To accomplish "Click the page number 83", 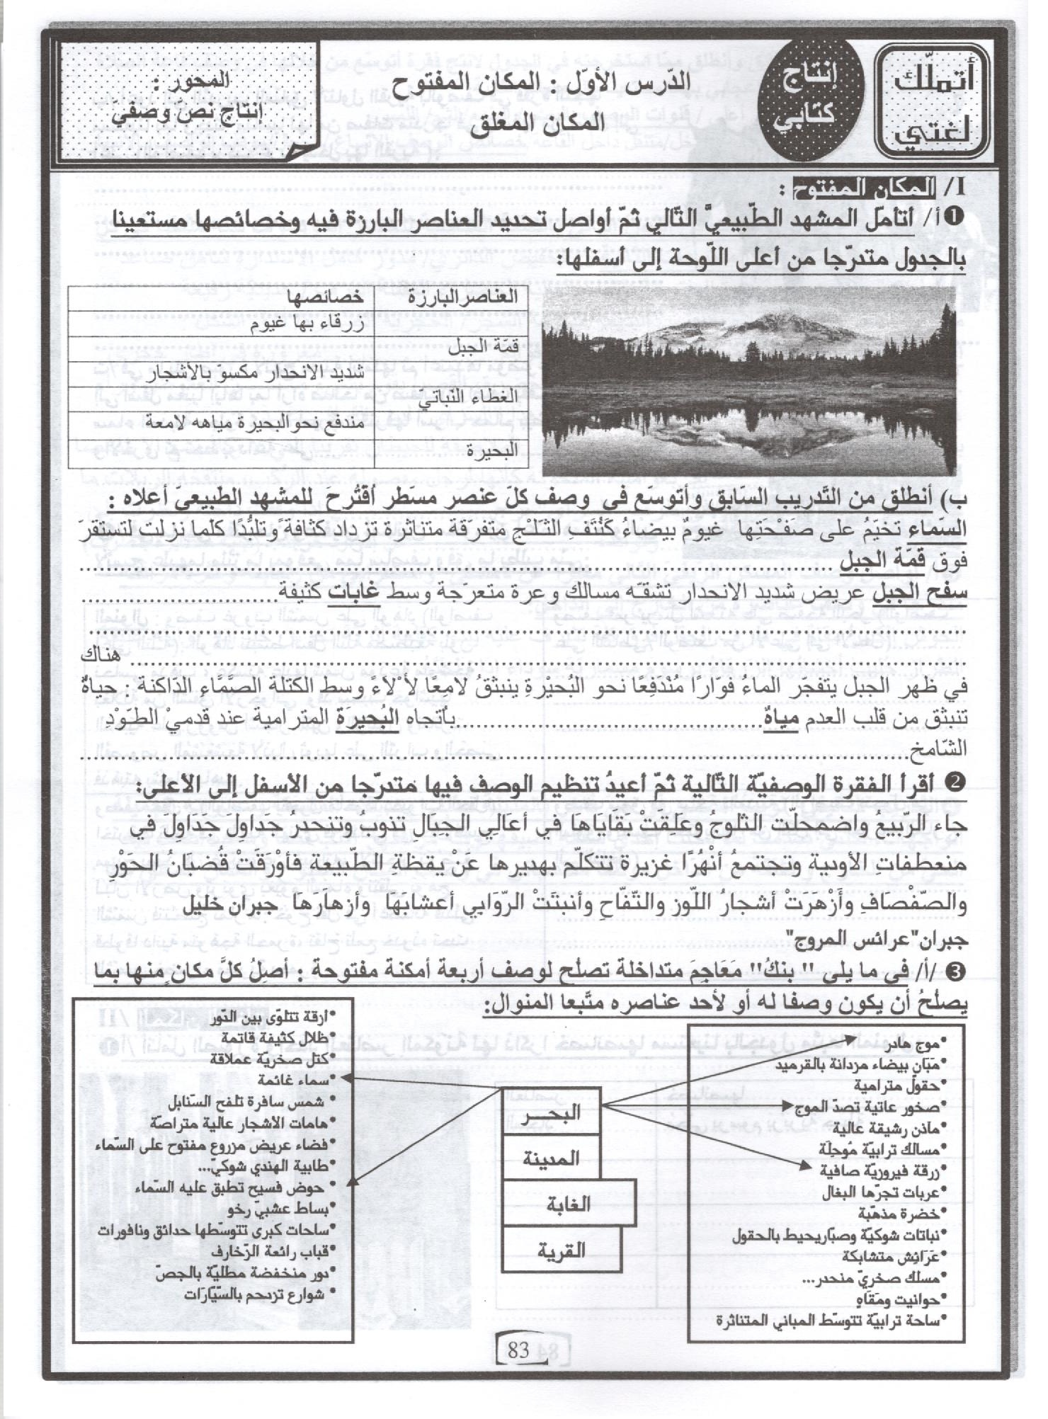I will click(525, 1350).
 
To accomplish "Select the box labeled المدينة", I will click(550, 1158).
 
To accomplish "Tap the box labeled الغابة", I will click(567, 1204).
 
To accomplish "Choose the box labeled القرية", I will click(560, 1249).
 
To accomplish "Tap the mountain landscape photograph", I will click(748, 380).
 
